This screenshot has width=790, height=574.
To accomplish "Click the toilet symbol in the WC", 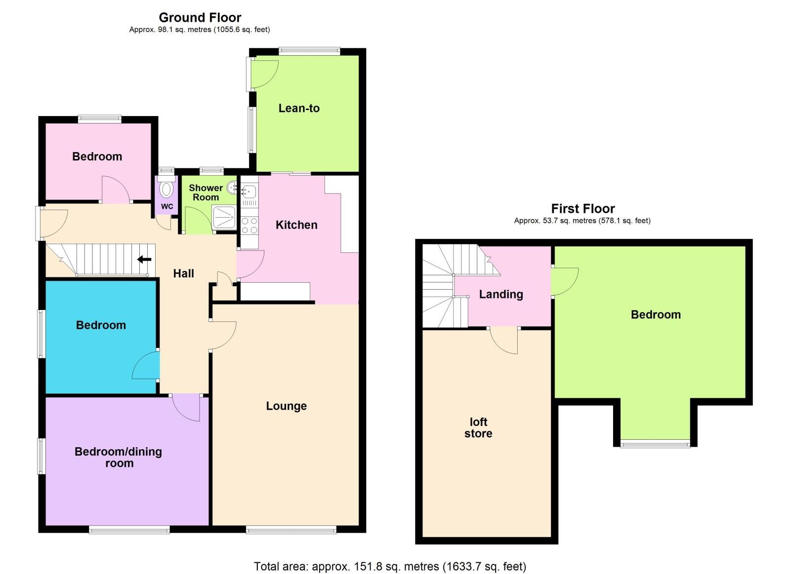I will point(167,189).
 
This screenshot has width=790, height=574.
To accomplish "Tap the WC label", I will point(167,206).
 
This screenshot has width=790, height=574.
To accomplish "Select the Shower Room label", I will point(206,192).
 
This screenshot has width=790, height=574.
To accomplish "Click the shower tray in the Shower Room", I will point(224,218).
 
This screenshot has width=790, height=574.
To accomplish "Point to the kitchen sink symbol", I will point(249,191).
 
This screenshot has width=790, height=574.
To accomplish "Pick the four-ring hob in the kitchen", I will point(249,226).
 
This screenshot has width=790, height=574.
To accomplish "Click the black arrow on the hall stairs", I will point(144,259).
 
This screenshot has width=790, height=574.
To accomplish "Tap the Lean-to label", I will point(299,108).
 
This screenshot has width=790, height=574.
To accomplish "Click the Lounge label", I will point(286,406).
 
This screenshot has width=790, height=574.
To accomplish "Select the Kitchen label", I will point(296,225).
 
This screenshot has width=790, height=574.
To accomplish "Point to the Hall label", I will point(183,273).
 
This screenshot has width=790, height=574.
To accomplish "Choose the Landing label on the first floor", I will point(501,294).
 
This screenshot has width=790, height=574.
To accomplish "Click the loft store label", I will point(478,427).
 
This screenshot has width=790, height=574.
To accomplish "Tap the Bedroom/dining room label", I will point(119,457).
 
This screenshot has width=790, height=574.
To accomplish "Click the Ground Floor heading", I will point(200,17).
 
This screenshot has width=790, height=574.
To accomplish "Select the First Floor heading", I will point(583,208).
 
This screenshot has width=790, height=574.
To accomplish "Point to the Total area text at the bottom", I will point(390,566).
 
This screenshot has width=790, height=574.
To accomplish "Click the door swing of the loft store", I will point(504,341).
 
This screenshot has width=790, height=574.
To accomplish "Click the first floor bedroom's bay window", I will point(655,443).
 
